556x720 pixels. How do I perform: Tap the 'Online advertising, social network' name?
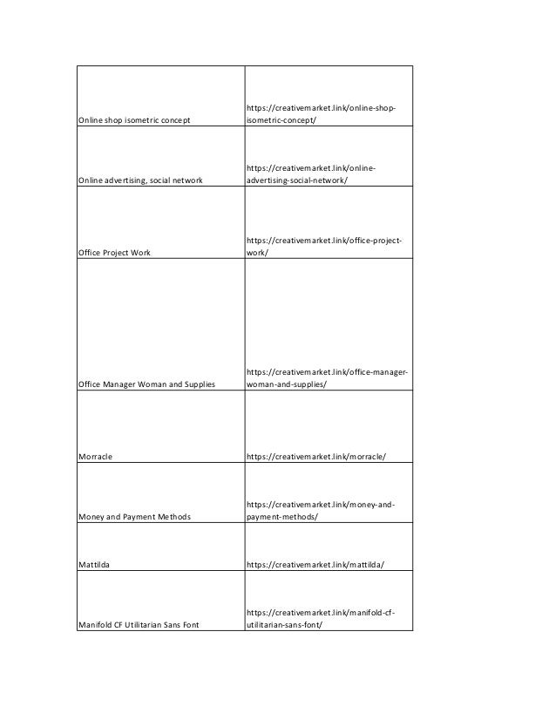tap(140, 180)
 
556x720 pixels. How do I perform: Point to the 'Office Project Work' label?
tap(114, 253)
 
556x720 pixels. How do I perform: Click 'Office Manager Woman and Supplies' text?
tap(146, 384)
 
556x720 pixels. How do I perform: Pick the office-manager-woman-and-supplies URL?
tap(328, 378)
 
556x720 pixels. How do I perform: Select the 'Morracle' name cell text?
tap(95, 457)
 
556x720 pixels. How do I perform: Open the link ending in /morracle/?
tap(316, 457)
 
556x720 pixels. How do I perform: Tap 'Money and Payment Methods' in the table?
tap(134, 517)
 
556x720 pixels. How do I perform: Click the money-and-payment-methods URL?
tap(321, 511)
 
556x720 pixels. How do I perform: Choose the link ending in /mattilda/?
tap(315, 565)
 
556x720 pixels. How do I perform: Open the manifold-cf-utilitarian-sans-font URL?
tap(321, 618)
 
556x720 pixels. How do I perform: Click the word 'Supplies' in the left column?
tap(198, 384)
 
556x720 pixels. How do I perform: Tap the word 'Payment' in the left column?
tap(136, 517)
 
